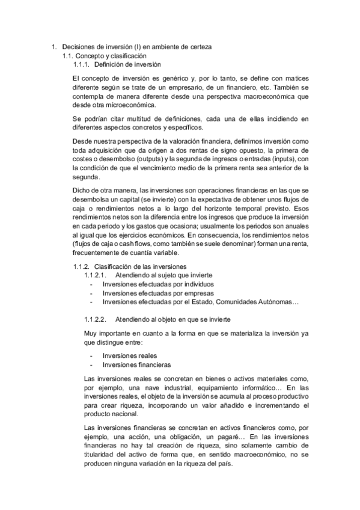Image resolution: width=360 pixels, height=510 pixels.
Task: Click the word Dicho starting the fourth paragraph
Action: (x=81, y=190)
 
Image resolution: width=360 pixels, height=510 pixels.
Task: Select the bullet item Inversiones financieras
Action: (x=137, y=364)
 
